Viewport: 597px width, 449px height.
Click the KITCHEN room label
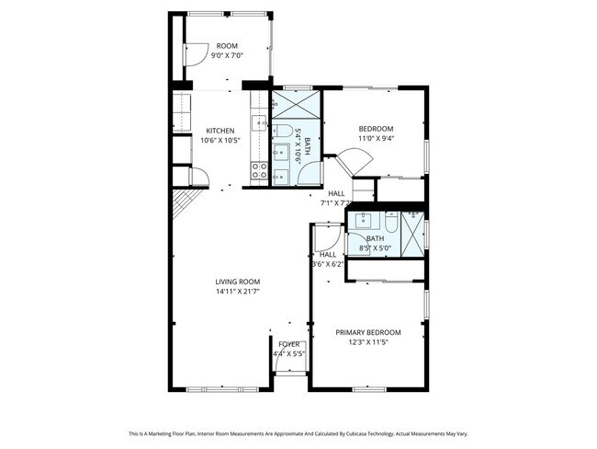(x=220, y=130)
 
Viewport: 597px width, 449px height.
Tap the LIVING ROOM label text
(x=238, y=282)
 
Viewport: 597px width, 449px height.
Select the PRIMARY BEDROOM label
(x=367, y=332)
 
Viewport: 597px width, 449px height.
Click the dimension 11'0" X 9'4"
(x=376, y=139)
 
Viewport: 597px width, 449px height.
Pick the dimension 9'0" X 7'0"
(x=227, y=56)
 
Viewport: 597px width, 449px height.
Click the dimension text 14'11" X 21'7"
(x=238, y=292)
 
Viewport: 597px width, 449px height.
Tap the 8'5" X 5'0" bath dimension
(x=375, y=248)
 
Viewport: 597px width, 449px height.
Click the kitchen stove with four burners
(x=259, y=169)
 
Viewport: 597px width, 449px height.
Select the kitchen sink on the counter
(x=261, y=118)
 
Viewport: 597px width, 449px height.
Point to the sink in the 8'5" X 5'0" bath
(x=363, y=220)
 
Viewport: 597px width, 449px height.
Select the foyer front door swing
(x=288, y=362)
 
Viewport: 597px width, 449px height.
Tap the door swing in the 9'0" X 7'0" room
(x=195, y=54)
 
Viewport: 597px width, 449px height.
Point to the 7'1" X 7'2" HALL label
(x=336, y=198)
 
